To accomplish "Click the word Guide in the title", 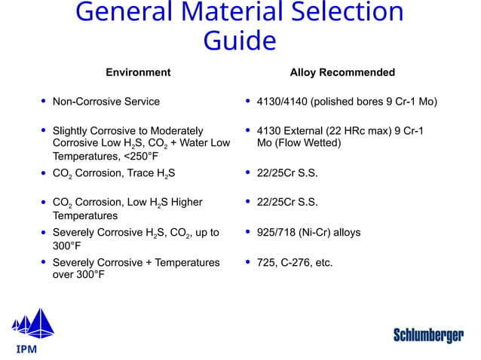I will pyautogui.click(x=240, y=40).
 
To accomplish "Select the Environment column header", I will pyautogui.click(x=138, y=72).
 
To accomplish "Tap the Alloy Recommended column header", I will pyautogui.click(x=342, y=72).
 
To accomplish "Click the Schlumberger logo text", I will pyautogui.click(x=428, y=335).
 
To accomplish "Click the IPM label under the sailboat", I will pyautogui.click(x=27, y=349).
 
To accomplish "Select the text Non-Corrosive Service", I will pyautogui.click(x=106, y=101).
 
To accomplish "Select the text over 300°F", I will pyautogui.click(x=79, y=274).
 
